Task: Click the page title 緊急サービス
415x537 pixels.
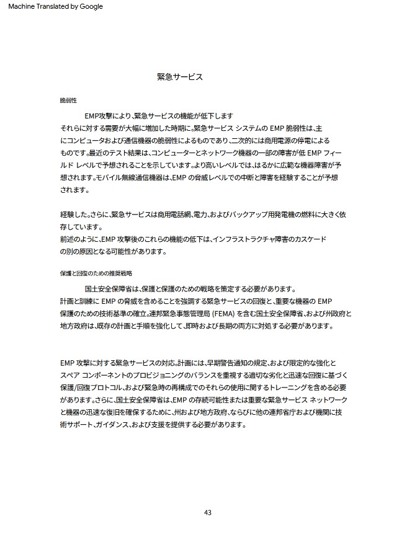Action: click(180, 78)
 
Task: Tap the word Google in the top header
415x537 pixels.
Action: click(90, 6)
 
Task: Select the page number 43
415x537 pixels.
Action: click(207, 512)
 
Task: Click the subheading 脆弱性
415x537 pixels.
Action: click(68, 100)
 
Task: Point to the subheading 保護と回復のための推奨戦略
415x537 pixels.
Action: click(96, 273)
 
